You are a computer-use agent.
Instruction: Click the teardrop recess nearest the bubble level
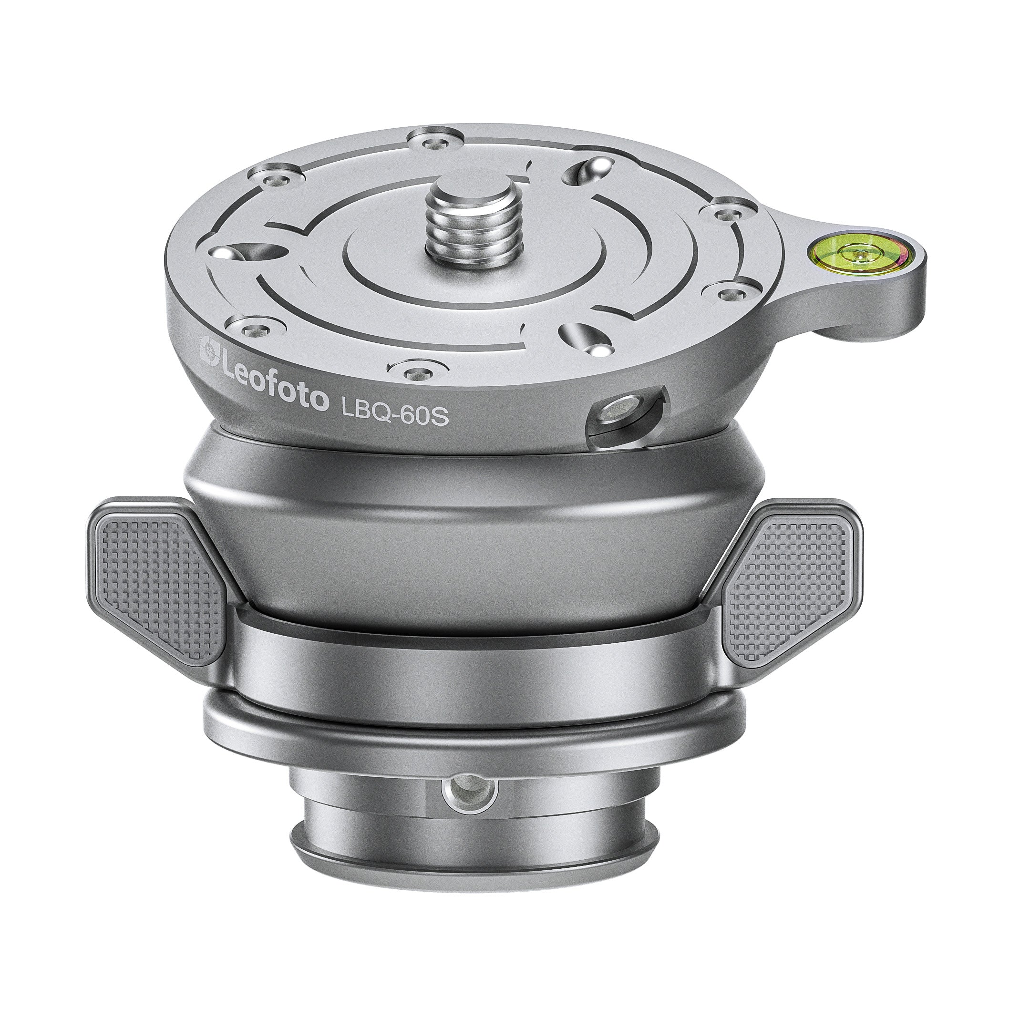click(x=591, y=170)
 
